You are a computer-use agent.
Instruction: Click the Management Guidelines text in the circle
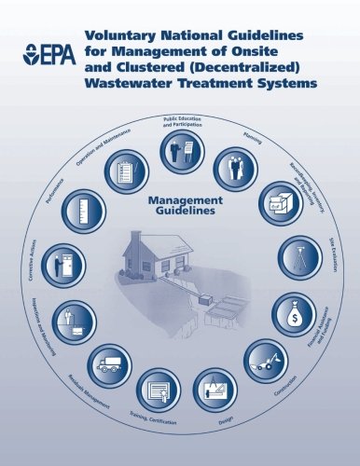point(184,205)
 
